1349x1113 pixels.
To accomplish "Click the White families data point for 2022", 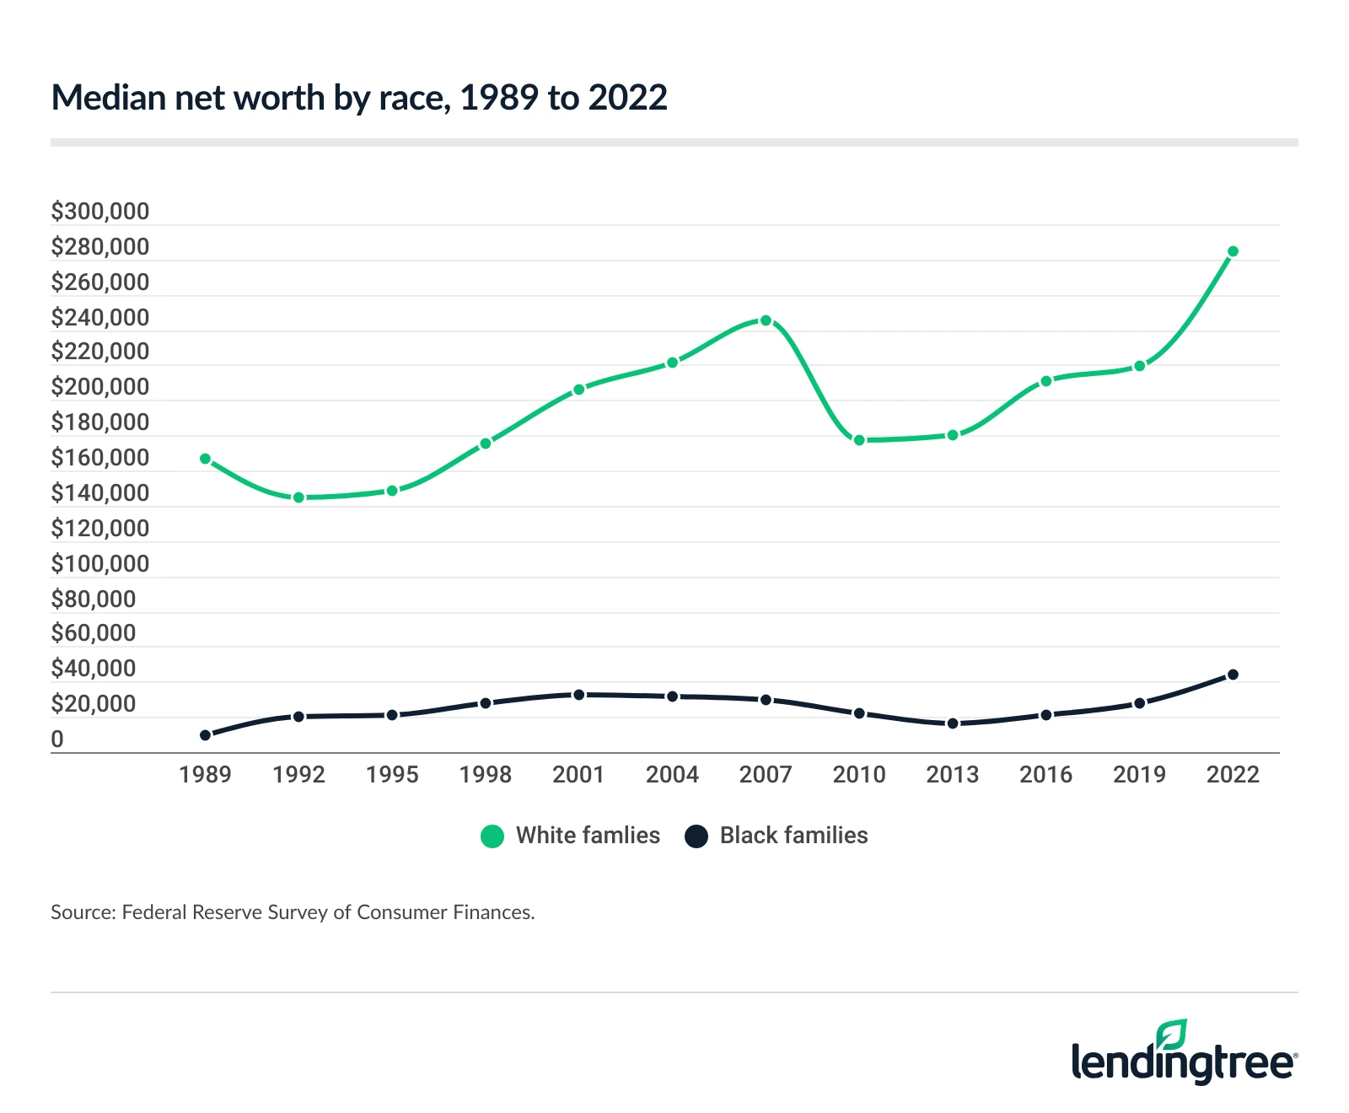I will (1233, 251).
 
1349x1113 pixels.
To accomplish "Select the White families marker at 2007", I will (766, 320).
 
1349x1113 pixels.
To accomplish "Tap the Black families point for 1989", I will (205, 735).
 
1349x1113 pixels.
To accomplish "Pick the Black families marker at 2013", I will (953, 723).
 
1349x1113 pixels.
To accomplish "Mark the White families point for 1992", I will (298, 497).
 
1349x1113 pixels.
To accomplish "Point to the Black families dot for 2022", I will (1233, 675).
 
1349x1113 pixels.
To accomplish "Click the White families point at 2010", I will (859, 440).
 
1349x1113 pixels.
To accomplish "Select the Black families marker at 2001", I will (578, 695).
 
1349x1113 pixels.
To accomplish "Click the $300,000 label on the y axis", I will (99, 212).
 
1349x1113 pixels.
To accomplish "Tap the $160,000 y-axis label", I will (99, 458).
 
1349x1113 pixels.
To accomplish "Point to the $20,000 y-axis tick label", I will (93, 704).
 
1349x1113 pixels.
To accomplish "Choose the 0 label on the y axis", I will (57, 739).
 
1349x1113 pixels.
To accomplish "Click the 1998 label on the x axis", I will (485, 774).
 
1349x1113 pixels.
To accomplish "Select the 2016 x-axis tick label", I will (1045, 774).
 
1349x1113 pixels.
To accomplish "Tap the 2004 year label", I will (672, 774).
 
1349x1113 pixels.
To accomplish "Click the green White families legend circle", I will (492, 836).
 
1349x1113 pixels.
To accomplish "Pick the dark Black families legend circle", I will (696, 836).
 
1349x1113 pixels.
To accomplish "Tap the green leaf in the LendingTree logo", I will (1172, 1034).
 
